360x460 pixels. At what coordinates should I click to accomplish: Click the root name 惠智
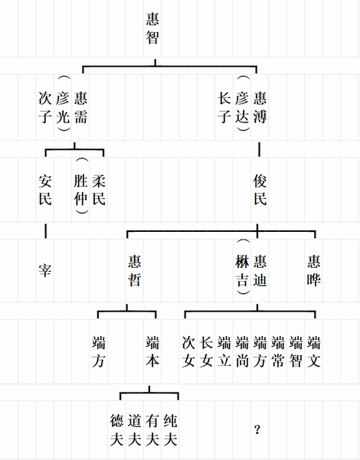click(x=152, y=28)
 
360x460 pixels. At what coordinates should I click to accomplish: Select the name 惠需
click(x=80, y=107)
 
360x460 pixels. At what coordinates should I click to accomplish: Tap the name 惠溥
click(x=260, y=107)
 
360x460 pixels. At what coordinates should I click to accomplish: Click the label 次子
click(x=45, y=107)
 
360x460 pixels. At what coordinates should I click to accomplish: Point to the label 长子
click(x=224, y=107)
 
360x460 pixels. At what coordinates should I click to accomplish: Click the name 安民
click(x=45, y=190)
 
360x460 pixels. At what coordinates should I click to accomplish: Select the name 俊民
click(x=260, y=190)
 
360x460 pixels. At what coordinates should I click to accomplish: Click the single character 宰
click(x=45, y=270)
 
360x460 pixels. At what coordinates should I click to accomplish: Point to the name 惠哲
click(x=135, y=270)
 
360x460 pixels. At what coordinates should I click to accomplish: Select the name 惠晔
click(x=314, y=270)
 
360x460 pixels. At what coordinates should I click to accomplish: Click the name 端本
click(x=152, y=352)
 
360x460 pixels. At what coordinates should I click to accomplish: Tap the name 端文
click(x=314, y=352)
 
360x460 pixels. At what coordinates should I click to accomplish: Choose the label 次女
click(x=188, y=352)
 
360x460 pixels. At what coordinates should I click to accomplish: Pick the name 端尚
click(x=242, y=352)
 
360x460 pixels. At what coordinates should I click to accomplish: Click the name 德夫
click(x=116, y=430)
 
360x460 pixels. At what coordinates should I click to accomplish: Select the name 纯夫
click(x=171, y=430)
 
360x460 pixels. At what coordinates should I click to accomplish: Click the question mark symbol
click(x=257, y=430)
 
